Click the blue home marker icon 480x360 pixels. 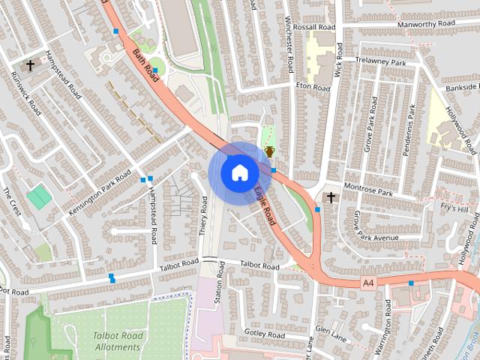(x=238, y=172)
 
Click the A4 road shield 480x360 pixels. (x=367, y=283)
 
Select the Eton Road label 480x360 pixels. (x=312, y=88)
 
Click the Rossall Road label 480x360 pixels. (x=313, y=26)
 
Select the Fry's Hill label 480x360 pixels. (x=454, y=208)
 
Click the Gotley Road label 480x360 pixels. (x=265, y=334)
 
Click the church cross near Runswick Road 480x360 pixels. (x=31, y=65)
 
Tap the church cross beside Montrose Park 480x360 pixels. (x=330, y=197)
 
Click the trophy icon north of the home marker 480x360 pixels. (x=268, y=151)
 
